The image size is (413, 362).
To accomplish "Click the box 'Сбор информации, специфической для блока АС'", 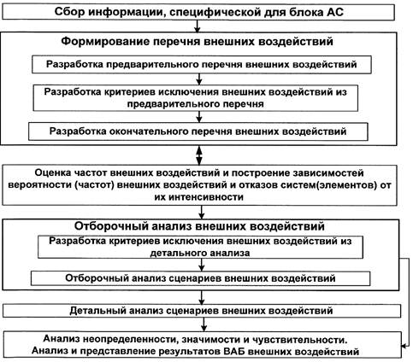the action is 198,12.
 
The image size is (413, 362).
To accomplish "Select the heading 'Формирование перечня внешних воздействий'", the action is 197,41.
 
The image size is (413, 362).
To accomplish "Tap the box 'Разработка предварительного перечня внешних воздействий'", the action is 202,65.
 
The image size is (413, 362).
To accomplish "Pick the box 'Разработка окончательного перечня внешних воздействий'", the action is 198,131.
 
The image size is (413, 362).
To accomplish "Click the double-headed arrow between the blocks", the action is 199,155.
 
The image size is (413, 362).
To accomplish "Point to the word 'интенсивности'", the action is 199,197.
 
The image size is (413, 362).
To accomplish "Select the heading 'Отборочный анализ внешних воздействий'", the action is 199,226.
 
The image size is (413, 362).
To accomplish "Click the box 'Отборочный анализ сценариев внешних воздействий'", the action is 200,278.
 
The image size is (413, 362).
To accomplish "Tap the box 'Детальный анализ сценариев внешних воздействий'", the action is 202,311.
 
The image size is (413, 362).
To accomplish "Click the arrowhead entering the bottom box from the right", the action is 404,346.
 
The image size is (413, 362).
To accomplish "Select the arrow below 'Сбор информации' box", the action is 198,26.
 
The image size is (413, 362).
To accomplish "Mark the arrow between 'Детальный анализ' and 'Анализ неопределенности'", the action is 204,324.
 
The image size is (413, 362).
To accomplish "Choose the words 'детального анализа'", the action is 200,253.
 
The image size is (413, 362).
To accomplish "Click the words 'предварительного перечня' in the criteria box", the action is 196,104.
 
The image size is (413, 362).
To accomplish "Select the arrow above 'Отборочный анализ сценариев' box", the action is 202,265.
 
